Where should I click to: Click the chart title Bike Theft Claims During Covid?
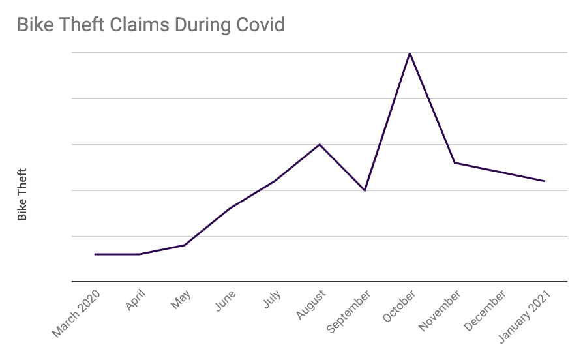pos(151,25)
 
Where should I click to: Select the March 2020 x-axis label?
pos(77,314)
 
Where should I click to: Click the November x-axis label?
pos(439,310)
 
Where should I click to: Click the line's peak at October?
pos(410,53)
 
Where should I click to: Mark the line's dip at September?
pos(365,190)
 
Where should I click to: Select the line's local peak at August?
pos(320,144)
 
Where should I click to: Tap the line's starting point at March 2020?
pos(95,254)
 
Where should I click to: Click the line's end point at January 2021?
pos(545,181)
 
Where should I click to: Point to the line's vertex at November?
pos(455,162)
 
